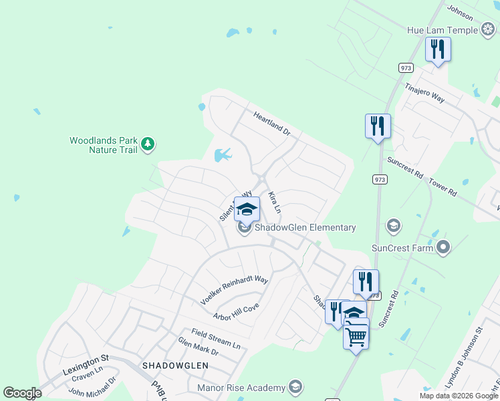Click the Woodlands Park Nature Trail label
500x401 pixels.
(x=103, y=145)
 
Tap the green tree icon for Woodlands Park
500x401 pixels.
(x=148, y=144)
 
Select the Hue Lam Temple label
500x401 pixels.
(x=443, y=30)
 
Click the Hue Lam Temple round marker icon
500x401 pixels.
(x=487, y=30)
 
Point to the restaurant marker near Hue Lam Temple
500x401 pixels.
(x=438, y=49)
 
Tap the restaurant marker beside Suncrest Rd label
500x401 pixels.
(x=378, y=126)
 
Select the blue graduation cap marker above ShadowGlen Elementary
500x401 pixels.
(x=247, y=209)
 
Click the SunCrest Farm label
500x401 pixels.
(x=406, y=248)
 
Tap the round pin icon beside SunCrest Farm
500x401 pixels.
(x=443, y=248)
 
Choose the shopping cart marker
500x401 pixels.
(x=356, y=336)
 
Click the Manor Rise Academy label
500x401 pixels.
(x=241, y=387)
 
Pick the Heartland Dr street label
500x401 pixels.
(x=272, y=124)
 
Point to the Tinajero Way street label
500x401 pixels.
(x=424, y=93)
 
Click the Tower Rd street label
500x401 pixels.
(x=443, y=187)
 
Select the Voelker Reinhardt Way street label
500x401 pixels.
(x=234, y=291)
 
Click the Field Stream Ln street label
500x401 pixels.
(x=215, y=340)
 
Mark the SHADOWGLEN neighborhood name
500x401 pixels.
(x=175, y=366)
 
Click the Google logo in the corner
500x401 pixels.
(x=22, y=393)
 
